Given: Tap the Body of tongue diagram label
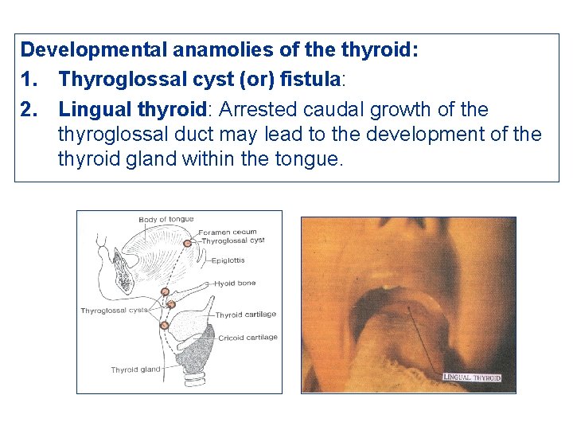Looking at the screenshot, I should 166,220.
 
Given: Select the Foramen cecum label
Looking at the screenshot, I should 228,233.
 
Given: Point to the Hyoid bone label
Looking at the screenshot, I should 235,283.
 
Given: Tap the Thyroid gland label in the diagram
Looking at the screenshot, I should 135,369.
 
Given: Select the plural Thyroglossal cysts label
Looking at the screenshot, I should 113,311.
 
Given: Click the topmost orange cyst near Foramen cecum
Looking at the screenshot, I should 188,242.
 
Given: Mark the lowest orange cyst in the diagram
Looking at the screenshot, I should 164,325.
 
